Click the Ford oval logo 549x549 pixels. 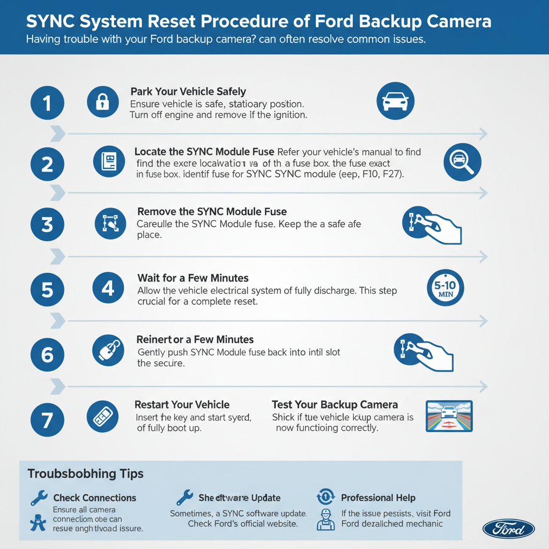coord(508,528)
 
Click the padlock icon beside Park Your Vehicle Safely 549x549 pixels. coord(102,101)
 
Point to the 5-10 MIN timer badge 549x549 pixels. coord(444,288)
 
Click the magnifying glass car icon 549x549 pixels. coord(463,162)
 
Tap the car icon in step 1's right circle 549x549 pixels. coord(396,101)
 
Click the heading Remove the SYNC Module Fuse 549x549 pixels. coord(212,212)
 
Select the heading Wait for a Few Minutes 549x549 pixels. coord(193,278)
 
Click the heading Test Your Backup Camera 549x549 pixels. coord(335,405)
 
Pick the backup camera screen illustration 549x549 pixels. coord(448,417)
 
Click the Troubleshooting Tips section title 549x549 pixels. coord(85,474)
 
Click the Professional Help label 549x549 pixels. coord(378,498)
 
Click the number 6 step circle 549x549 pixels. coord(47,354)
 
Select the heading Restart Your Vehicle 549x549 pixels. coord(182,405)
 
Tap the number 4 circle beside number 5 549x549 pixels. coord(108,288)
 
